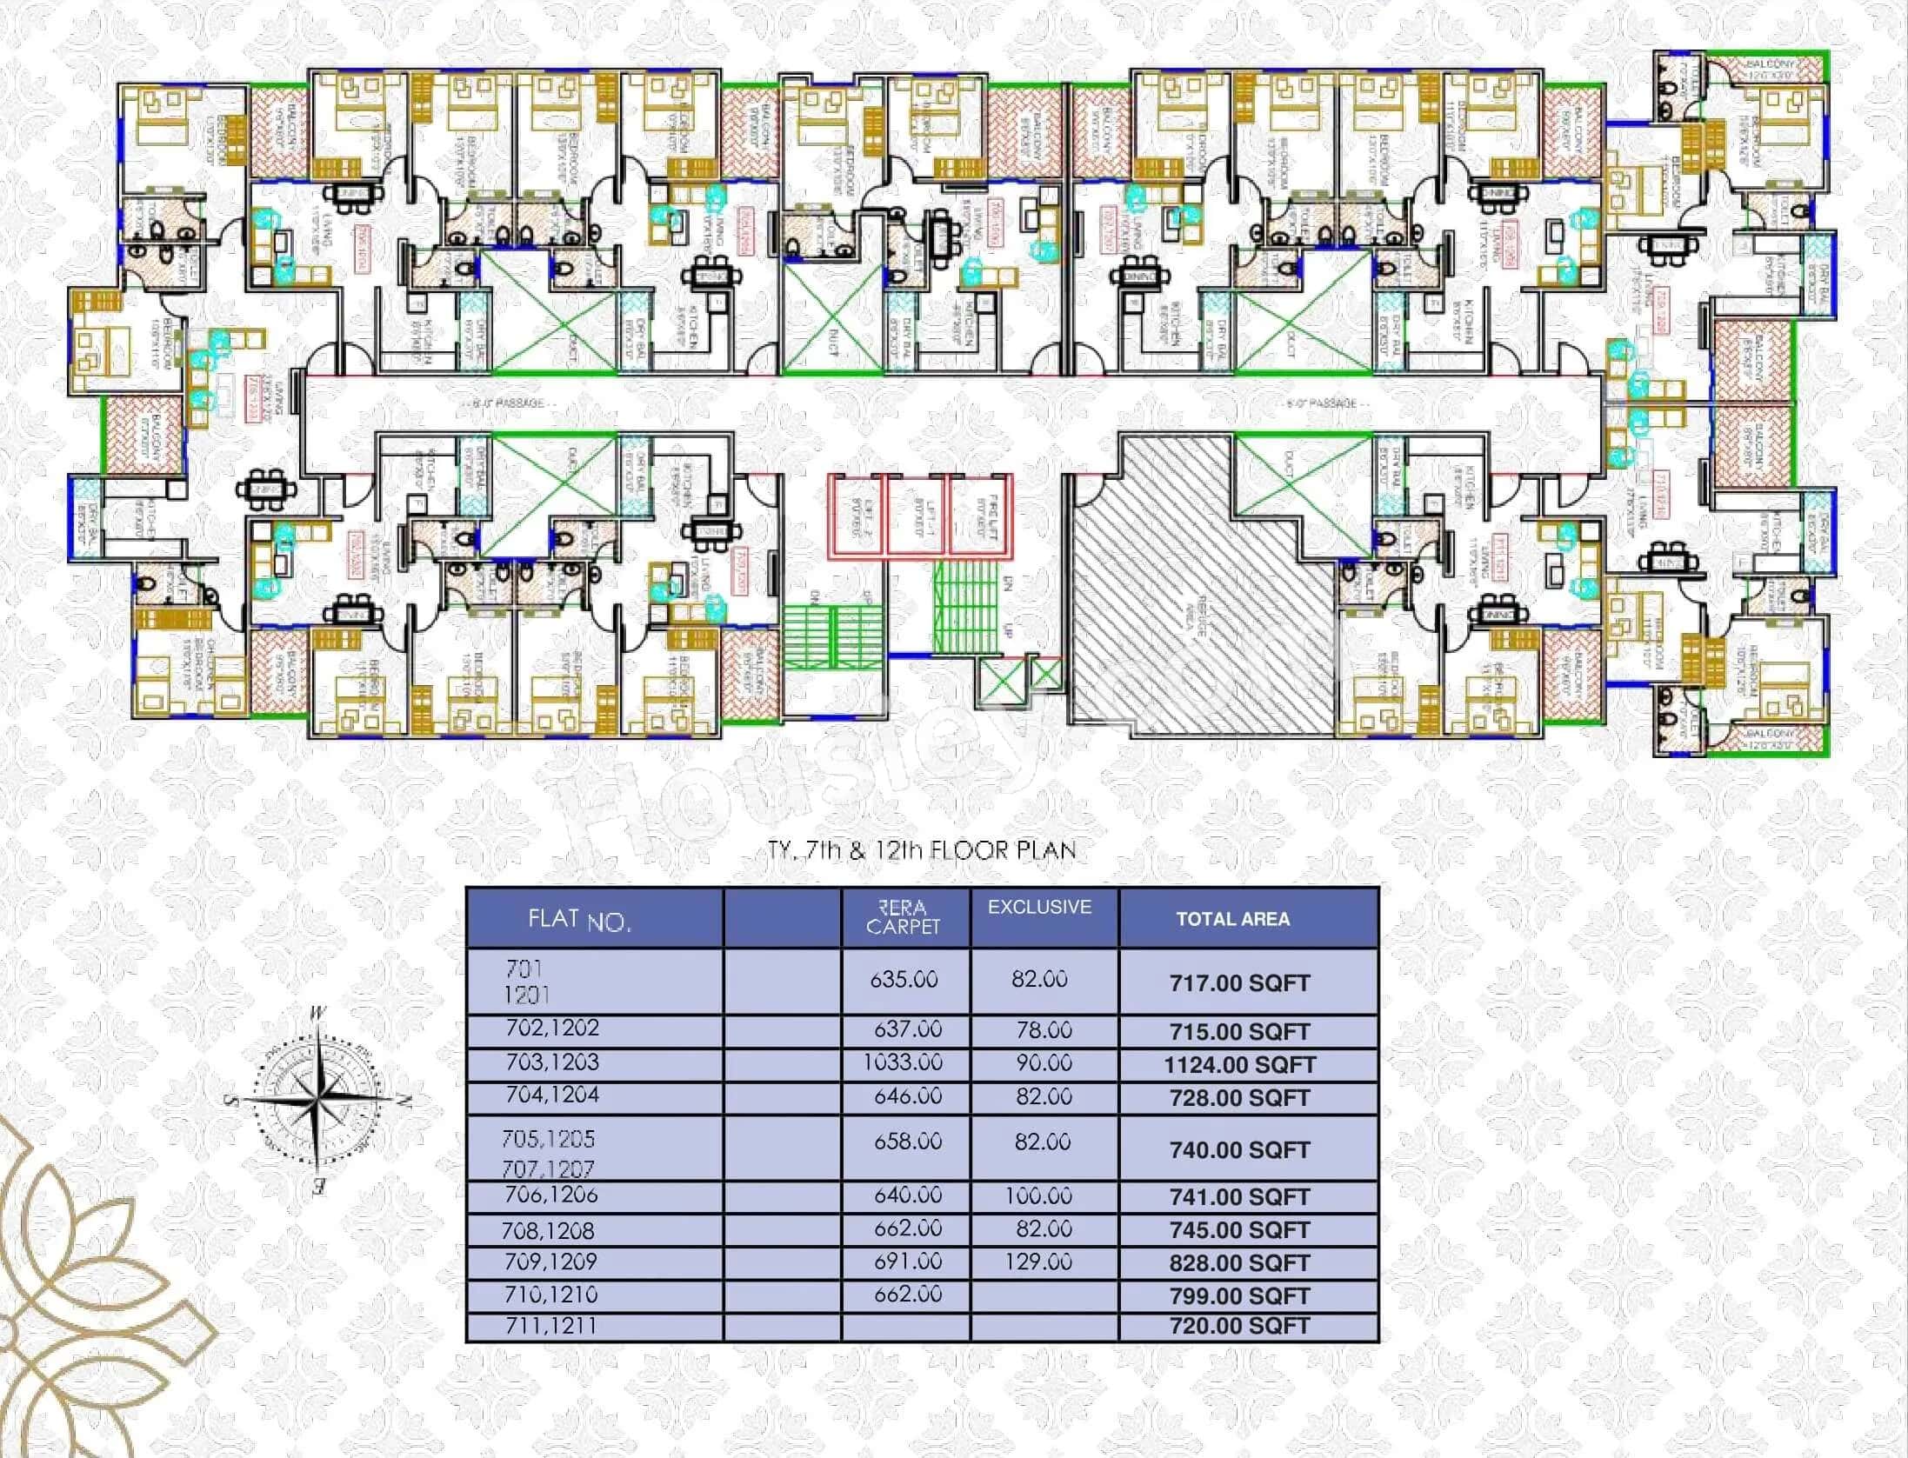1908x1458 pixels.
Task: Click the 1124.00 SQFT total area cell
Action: (x=1239, y=1065)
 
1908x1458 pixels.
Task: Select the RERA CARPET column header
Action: (x=904, y=918)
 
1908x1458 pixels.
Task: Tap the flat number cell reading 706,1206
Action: (x=551, y=1195)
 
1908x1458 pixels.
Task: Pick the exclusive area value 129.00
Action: (x=1038, y=1262)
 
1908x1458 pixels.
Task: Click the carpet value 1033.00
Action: (x=903, y=1062)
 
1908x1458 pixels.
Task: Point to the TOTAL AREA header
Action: (x=1232, y=919)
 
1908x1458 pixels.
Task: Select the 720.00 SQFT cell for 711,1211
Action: (x=1239, y=1326)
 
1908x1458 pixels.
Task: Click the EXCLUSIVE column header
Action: (x=1039, y=907)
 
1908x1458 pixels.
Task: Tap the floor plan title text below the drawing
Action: (x=922, y=850)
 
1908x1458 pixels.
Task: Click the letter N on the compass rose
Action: (x=403, y=1100)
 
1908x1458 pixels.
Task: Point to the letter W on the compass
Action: (x=319, y=1013)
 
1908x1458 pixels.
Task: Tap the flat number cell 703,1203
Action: (x=552, y=1062)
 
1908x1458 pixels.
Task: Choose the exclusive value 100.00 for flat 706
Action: (x=1038, y=1195)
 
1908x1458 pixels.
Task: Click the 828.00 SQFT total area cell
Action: (x=1239, y=1263)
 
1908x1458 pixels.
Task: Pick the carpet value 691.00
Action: (x=908, y=1262)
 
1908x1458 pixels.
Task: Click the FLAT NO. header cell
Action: (x=579, y=920)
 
